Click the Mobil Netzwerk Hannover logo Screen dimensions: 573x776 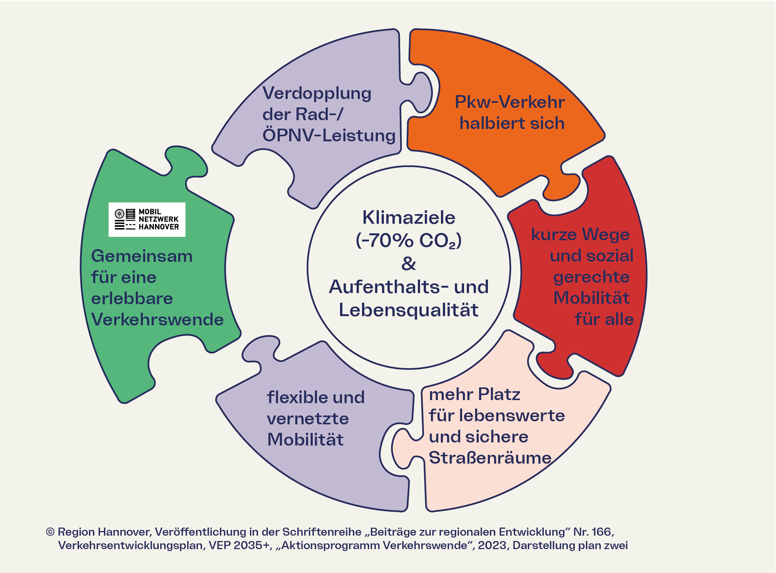pos(147,219)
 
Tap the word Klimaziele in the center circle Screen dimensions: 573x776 pos(409,218)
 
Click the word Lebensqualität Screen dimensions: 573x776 pos(409,310)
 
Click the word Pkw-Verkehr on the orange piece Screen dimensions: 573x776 pos(510,102)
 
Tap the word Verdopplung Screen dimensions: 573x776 pos(317,94)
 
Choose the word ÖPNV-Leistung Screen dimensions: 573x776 pos(329,136)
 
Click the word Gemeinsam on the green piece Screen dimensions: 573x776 pos(142,256)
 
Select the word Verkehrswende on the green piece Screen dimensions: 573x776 pos(158,320)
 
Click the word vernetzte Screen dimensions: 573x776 pos(308,419)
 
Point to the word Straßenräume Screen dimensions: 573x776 pos(490,458)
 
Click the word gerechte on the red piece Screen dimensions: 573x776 pos(591,277)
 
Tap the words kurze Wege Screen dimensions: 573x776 pos(580,235)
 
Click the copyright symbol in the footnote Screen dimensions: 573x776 pos(50,532)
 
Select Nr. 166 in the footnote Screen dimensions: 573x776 pos(593,532)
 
